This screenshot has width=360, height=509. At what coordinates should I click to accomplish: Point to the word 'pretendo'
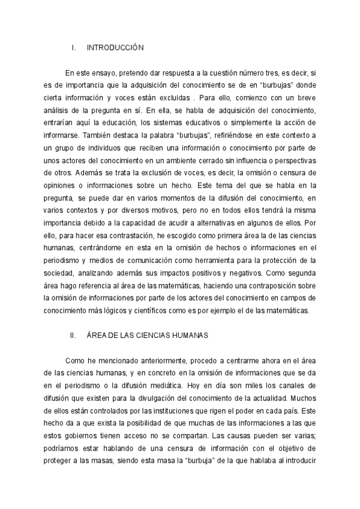[129, 73]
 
